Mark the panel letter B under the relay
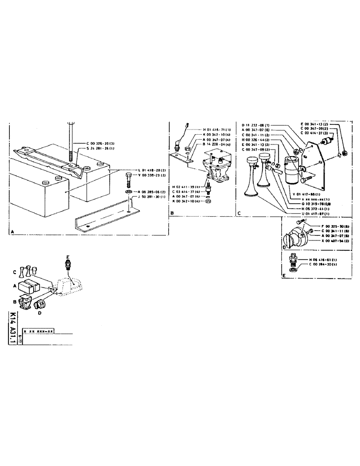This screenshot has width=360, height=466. (x=172, y=213)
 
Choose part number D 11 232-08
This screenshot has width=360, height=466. (x=256, y=125)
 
